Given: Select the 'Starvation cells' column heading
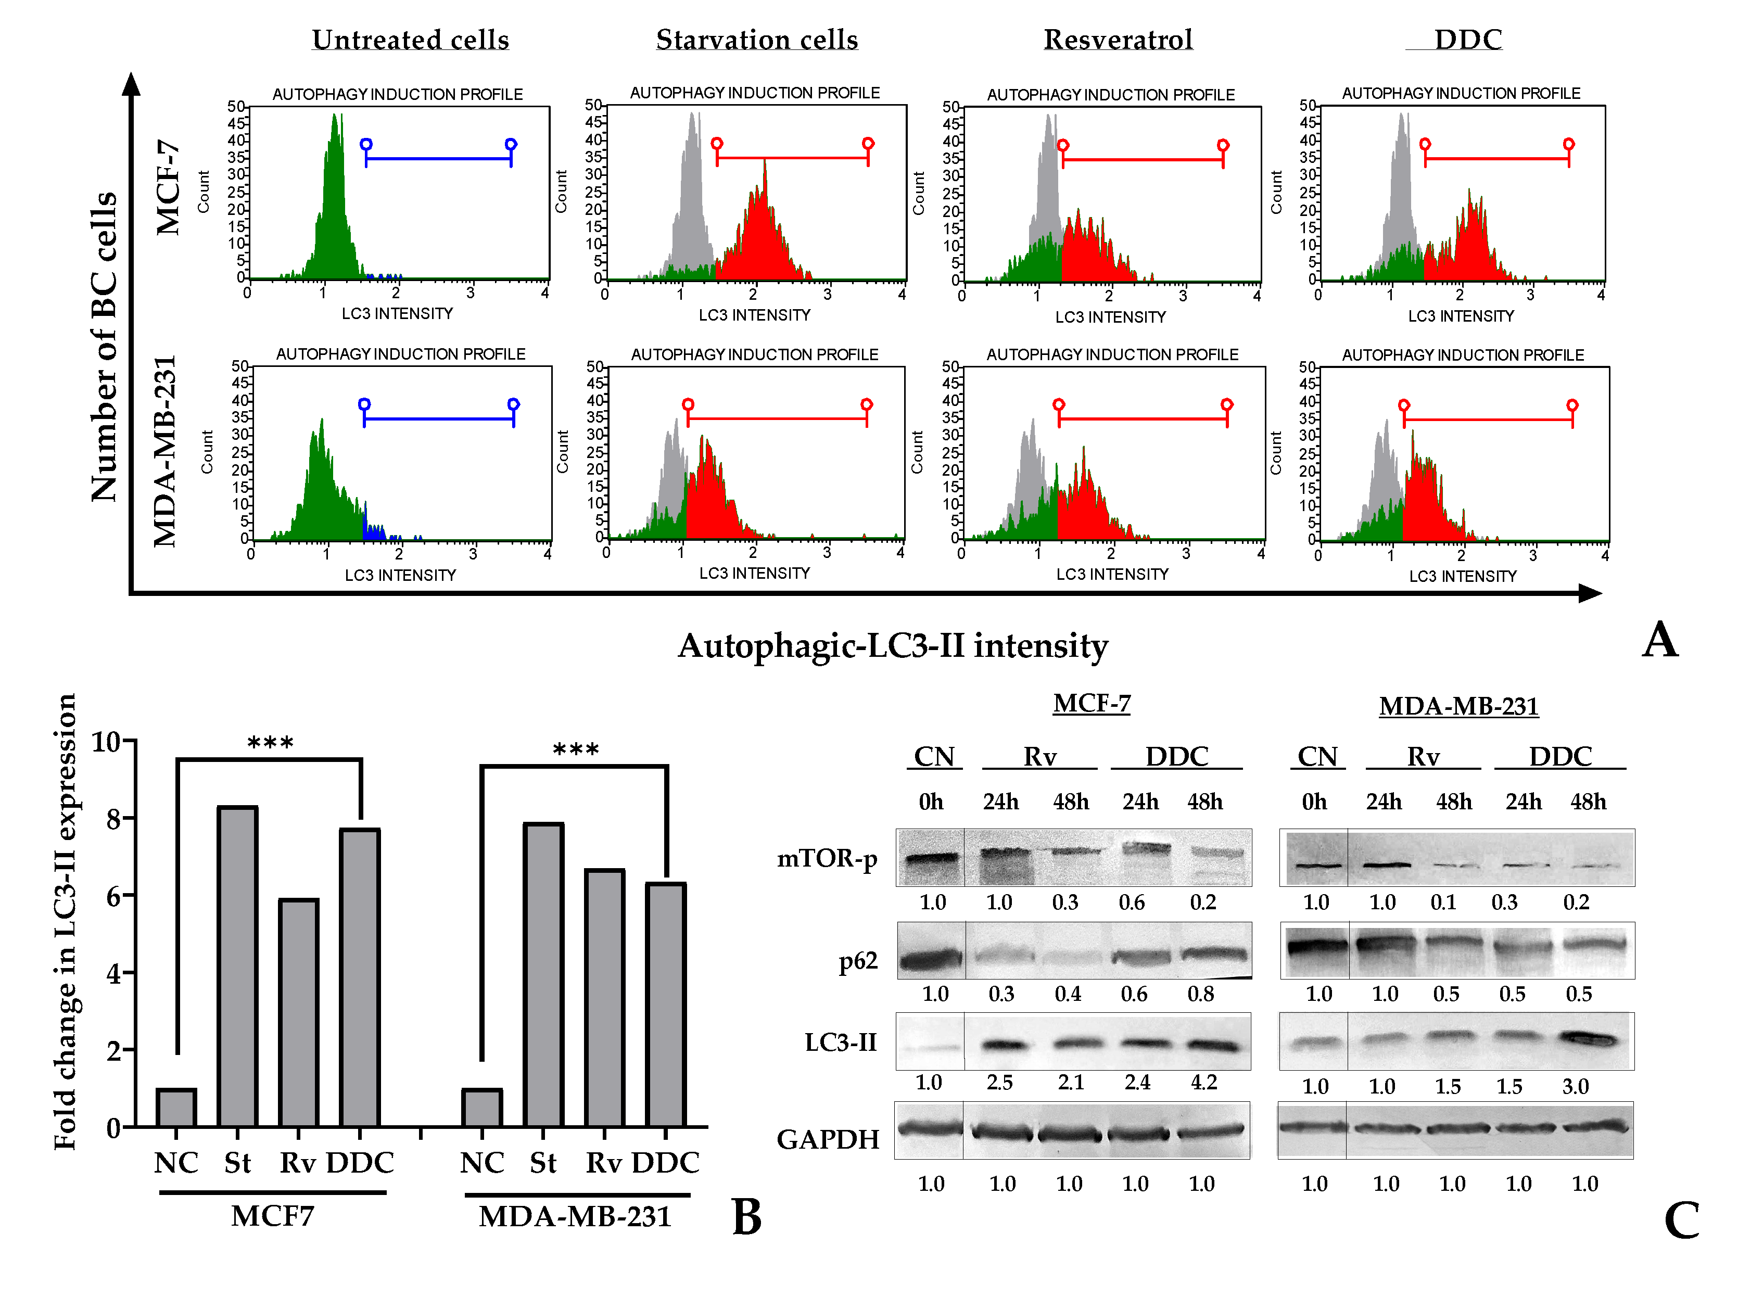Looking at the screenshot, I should coord(757,39).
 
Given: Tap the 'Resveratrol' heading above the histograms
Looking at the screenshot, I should coord(1118,39).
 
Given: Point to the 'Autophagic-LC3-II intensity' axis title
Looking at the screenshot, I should coord(893,645).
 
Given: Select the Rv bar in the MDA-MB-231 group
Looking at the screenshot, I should coord(604,998).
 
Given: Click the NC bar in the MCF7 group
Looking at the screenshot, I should coord(176,1108).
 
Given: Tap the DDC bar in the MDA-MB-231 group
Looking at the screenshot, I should coord(666,1005).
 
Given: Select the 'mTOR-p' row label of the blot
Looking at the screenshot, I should coord(827,858).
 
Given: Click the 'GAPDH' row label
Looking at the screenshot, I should coord(828,1139).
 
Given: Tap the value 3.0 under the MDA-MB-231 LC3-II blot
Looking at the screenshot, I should coord(1575,1087).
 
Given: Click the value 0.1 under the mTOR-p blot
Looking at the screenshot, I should coord(1443,902).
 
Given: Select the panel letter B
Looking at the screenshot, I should coord(746,1217).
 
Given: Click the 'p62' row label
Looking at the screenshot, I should coord(857,961).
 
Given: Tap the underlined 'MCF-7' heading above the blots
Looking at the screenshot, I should coord(1091,704).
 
